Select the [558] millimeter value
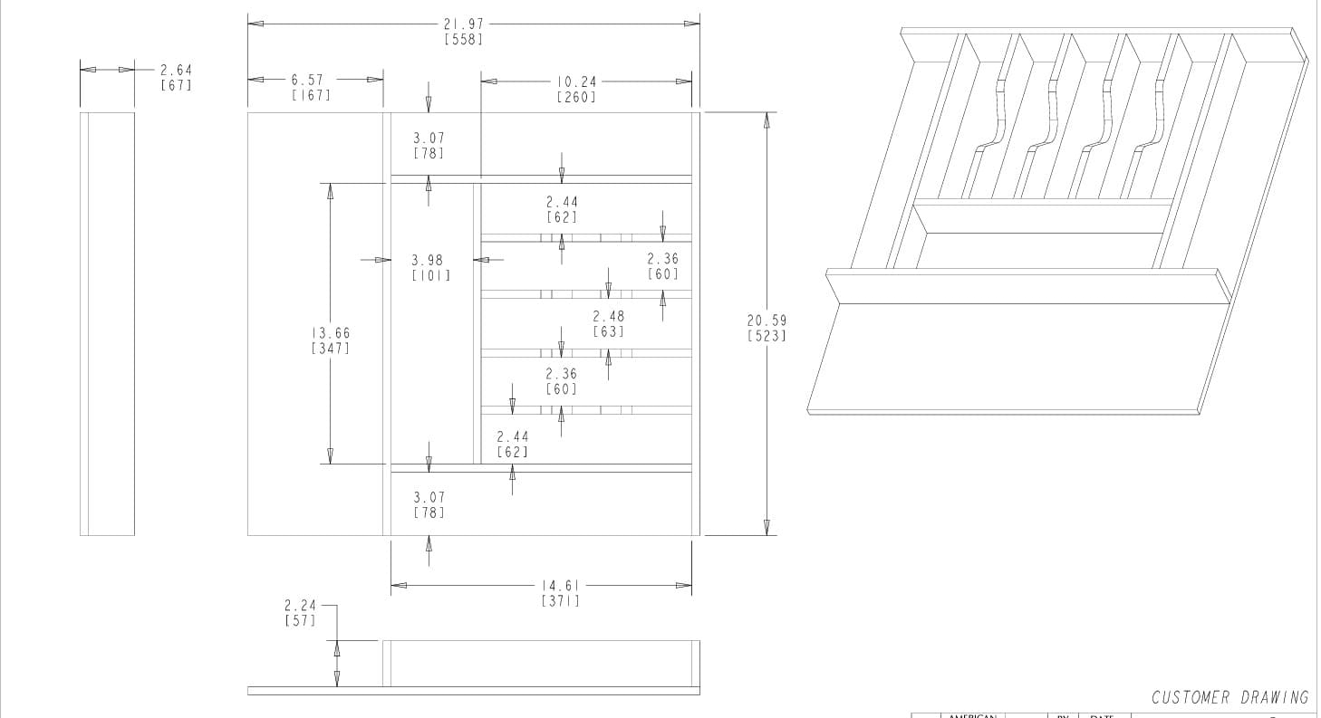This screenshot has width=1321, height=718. pos(462,39)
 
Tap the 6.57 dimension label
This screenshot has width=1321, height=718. pos(307,80)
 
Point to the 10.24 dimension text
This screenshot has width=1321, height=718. pos(576,81)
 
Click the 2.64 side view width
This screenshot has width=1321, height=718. pos(176,70)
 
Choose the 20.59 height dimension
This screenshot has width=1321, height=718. pos(767,320)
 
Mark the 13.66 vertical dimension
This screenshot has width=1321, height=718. pos(330,333)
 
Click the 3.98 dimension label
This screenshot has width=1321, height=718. pos(428,260)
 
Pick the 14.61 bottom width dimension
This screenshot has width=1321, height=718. pos(561,585)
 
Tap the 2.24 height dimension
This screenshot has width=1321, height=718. pos(299,605)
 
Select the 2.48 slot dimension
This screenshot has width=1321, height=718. pos(608,316)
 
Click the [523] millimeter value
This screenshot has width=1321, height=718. pos(767,336)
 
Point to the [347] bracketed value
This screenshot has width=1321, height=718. pos(330,349)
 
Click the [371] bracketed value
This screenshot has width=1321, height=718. pos(561,600)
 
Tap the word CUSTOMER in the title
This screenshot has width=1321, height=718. pos(1191,697)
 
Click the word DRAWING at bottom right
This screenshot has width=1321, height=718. pos(1274,697)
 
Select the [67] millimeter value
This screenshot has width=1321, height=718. pos(176,85)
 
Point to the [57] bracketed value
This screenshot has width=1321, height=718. pos(299,620)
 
